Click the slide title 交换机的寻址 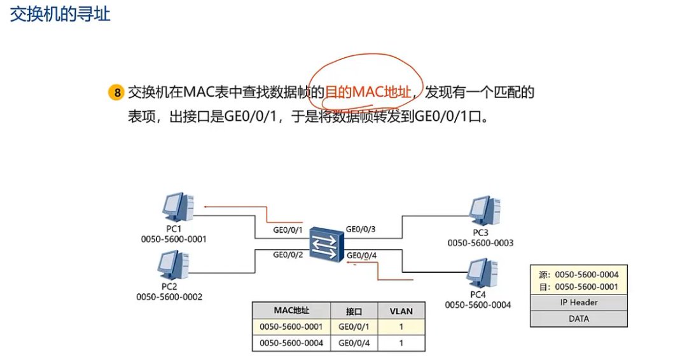click(x=60, y=15)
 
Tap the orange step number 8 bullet click(x=116, y=93)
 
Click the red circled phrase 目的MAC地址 click(x=368, y=92)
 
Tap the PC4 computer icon click(x=481, y=272)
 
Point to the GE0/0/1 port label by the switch click(x=287, y=230)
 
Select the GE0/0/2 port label click(x=287, y=254)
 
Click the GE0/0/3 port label click(x=361, y=229)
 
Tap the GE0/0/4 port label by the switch click(x=361, y=256)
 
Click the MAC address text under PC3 click(x=480, y=243)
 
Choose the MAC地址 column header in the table click(x=291, y=311)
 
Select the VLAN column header click(x=401, y=311)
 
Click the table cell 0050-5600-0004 click(x=291, y=343)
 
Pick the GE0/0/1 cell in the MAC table click(x=354, y=327)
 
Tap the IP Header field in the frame click(x=579, y=303)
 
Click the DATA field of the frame click(x=579, y=319)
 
